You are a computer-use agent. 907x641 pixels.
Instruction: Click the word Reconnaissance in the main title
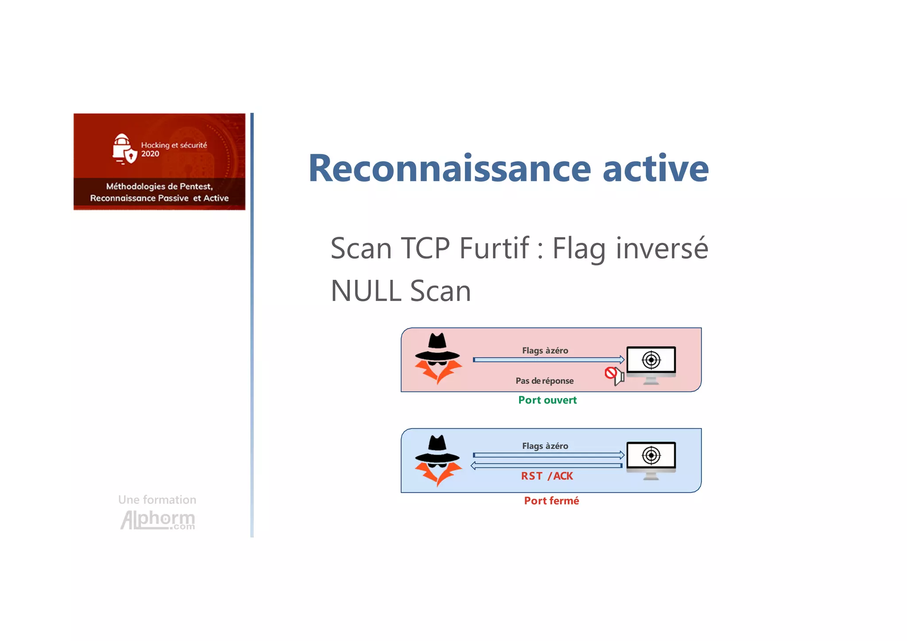(450, 168)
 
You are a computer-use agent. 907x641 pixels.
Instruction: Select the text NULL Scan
(401, 291)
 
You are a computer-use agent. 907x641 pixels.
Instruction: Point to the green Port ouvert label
(547, 400)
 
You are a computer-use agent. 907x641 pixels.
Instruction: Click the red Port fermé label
(551, 501)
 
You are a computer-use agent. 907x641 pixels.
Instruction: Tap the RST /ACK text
(547, 476)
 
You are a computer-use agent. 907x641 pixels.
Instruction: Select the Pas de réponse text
(544, 381)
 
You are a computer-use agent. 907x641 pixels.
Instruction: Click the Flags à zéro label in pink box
(545, 351)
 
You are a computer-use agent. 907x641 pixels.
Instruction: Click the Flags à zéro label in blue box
(545, 446)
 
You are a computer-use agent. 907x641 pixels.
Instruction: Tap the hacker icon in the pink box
(438, 359)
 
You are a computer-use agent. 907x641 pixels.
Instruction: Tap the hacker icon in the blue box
(438, 460)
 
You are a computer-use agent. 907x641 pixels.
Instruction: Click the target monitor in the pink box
(651, 364)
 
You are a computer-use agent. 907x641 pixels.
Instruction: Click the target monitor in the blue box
(651, 460)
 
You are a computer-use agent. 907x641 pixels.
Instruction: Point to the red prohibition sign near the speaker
(611, 373)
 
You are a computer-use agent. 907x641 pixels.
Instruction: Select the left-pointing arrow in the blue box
(547, 466)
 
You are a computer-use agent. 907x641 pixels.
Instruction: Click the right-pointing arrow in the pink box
(548, 359)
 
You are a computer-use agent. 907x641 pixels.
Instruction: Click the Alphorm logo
(158, 519)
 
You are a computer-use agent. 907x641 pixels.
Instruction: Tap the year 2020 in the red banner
(150, 154)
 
